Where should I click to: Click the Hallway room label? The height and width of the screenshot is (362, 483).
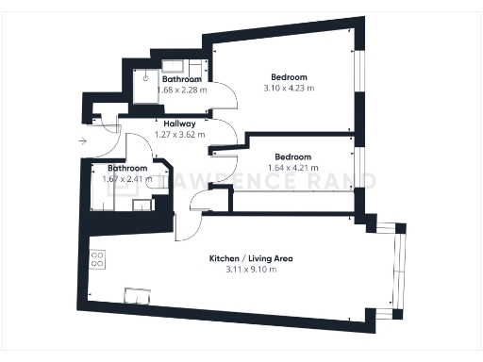point(179,123)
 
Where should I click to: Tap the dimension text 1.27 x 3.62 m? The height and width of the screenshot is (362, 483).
point(179,135)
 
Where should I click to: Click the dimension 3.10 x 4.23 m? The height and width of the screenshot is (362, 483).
point(289,88)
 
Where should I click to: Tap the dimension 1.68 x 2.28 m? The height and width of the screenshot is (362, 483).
point(175,90)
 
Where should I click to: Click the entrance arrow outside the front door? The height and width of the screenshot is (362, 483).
point(84,140)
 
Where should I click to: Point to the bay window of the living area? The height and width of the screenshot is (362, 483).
point(398,269)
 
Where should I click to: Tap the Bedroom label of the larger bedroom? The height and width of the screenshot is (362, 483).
point(289,76)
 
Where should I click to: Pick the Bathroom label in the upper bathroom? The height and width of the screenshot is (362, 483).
point(181,79)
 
